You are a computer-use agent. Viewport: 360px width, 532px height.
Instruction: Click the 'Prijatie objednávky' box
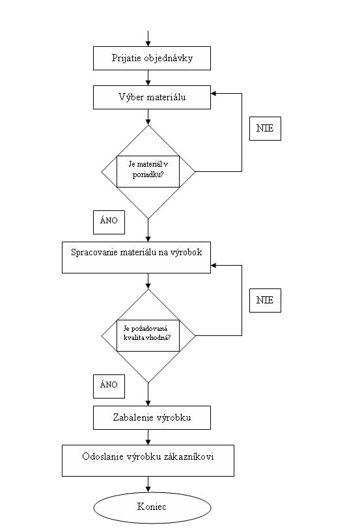(x=152, y=59)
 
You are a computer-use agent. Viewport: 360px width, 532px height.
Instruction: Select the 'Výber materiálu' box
(x=152, y=98)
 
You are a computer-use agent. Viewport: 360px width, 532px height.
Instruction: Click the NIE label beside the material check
(x=265, y=128)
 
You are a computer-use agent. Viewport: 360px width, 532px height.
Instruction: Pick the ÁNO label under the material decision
(x=109, y=222)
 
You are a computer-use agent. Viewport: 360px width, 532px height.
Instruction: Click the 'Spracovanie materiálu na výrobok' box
(x=137, y=257)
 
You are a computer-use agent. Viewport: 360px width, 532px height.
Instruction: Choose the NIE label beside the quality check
(x=265, y=300)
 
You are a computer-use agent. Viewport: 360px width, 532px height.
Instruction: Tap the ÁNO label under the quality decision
(x=109, y=386)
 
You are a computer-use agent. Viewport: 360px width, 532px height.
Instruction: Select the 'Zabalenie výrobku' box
(x=152, y=417)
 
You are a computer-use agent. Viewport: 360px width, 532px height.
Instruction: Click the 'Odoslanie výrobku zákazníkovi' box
(x=148, y=461)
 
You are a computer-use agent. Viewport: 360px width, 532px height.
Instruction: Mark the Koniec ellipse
(x=152, y=507)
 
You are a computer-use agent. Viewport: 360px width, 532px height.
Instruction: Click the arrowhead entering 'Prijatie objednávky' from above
(x=148, y=44)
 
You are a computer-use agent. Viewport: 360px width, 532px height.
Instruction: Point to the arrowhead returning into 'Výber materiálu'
(x=214, y=94)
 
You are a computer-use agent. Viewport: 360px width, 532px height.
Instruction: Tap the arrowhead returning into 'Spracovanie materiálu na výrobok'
(x=214, y=265)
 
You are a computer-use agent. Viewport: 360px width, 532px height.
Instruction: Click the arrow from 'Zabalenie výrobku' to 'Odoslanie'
(x=148, y=438)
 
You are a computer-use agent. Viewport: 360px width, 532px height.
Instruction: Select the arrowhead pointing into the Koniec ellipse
(x=148, y=489)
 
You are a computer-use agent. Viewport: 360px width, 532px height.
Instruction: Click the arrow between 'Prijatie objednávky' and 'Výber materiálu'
(x=148, y=77)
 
